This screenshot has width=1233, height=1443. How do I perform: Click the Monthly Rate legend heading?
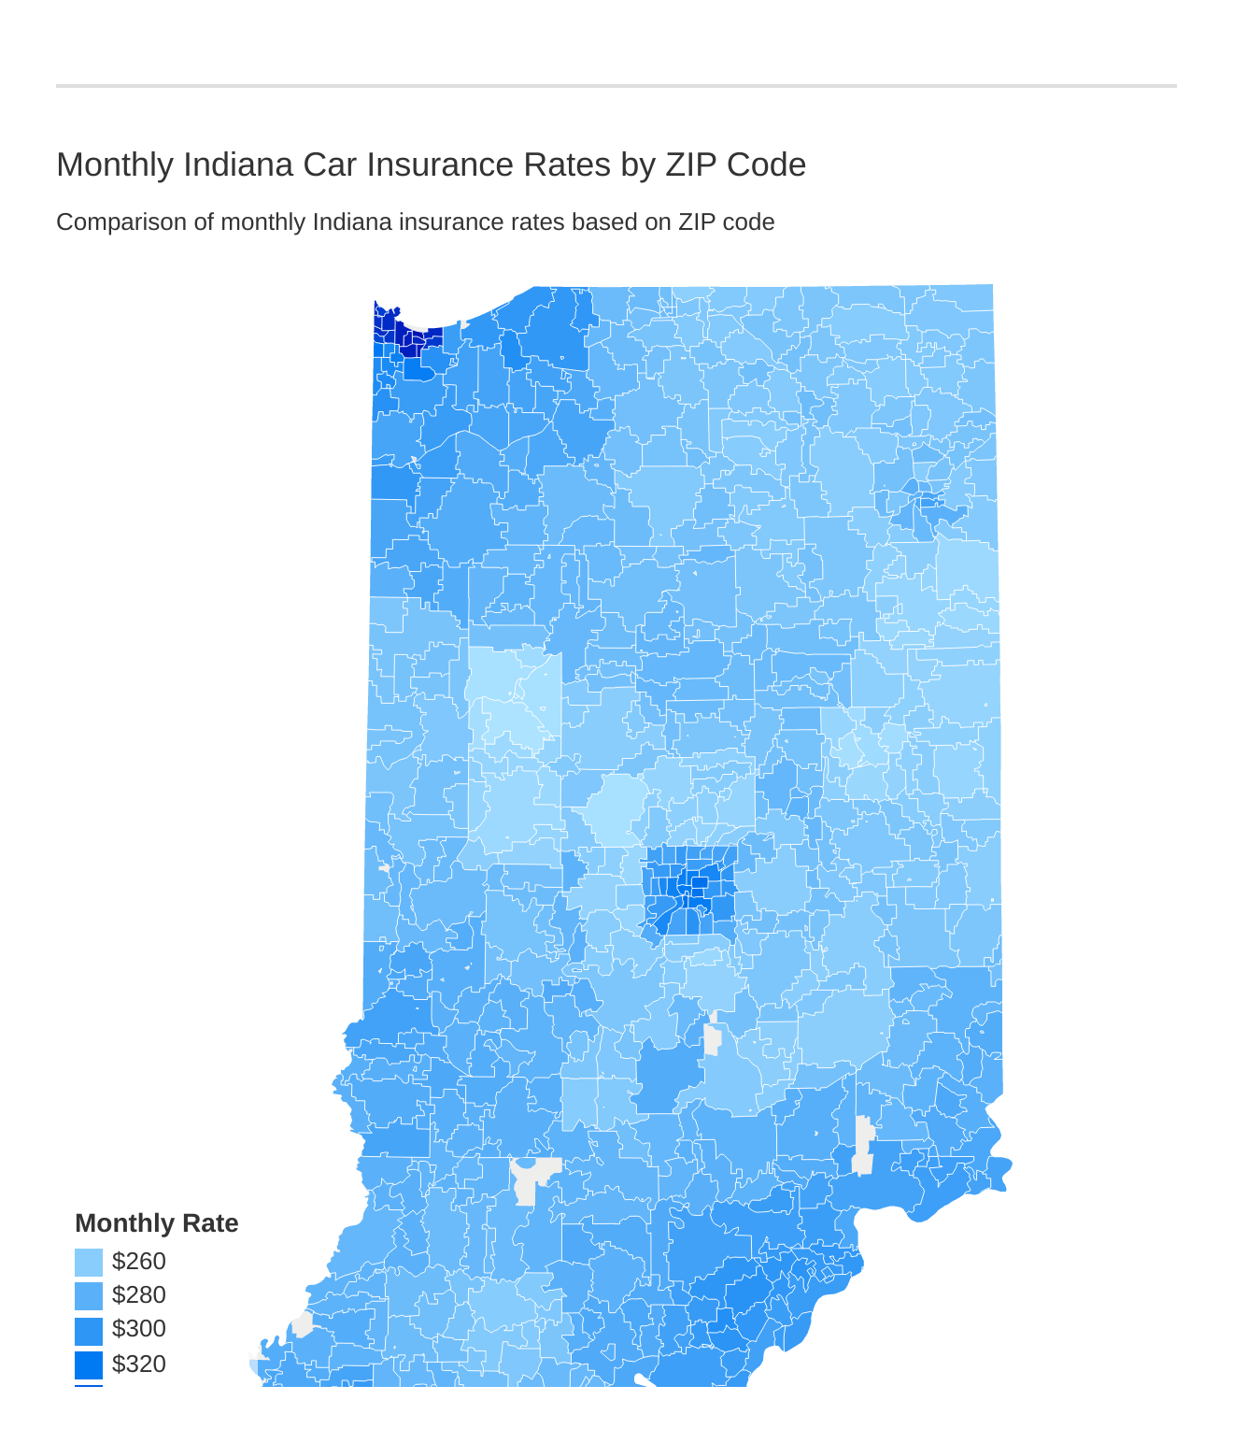(156, 1223)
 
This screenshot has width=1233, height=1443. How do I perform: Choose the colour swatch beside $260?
(89, 1262)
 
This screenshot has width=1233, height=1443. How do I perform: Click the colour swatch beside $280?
(89, 1296)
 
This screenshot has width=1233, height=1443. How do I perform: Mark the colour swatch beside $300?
(89, 1330)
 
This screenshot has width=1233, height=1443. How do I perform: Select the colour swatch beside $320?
(89, 1364)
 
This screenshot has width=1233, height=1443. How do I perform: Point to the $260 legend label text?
(139, 1262)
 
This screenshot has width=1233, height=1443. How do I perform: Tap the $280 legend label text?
(139, 1295)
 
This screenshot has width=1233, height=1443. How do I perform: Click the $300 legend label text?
(139, 1329)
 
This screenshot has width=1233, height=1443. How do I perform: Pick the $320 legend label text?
(139, 1364)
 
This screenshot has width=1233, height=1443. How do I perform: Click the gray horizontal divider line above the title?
(616, 86)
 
